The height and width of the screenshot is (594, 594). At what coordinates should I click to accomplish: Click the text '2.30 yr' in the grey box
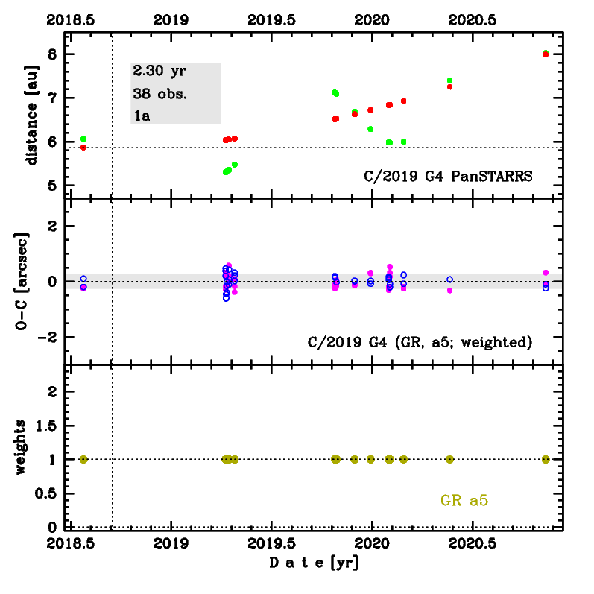click(x=159, y=72)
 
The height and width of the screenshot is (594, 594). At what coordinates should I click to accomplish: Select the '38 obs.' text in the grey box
click(x=159, y=94)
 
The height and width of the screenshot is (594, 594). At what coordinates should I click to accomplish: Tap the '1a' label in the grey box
click(x=142, y=116)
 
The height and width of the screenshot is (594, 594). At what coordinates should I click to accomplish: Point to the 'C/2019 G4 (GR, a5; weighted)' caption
click(x=420, y=342)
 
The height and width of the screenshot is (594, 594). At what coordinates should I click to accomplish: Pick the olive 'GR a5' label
click(x=464, y=502)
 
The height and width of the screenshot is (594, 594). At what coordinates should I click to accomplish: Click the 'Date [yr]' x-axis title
click(x=314, y=564)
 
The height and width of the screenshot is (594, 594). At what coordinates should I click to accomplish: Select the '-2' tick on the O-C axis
click(x=49, y=337)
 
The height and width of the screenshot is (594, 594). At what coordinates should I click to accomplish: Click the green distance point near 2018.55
click(x=83, y=139)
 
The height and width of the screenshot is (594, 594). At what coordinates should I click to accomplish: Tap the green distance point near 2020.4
click(x=449, y=80)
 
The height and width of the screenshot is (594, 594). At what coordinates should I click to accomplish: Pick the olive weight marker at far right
click(x=546, y=459)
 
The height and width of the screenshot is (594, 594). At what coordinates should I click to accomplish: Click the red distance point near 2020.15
click(x=403, y=101)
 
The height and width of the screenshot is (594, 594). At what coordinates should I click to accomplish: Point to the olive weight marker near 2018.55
click(x=83, y=459)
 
